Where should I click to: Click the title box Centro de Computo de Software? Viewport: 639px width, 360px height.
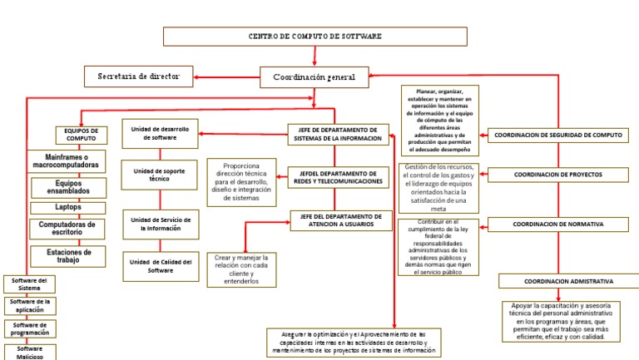315,37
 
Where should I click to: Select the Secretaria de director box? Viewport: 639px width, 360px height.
138,76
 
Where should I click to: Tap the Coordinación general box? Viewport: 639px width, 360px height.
314,77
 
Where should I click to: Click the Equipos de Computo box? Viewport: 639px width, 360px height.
82,135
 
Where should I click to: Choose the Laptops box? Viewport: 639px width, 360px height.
68,207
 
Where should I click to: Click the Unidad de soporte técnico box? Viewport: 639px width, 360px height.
159,175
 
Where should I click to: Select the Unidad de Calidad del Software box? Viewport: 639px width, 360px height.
160,266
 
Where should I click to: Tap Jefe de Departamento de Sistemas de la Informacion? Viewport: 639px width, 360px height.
338,135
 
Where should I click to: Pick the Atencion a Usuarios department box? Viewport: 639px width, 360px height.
339,220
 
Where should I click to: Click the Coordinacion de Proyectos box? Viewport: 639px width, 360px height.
557,175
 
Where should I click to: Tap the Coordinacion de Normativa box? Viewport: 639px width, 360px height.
557,224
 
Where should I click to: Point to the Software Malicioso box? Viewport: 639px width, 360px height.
29,352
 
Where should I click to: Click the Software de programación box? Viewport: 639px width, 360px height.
29,328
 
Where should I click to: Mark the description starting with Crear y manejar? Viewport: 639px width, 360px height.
241,269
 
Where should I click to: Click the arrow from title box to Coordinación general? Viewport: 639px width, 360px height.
315,56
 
